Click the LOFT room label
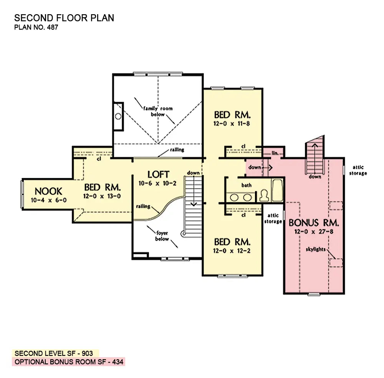[158, 175]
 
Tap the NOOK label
[48, 191]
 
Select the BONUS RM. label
[314, 223]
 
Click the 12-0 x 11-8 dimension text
[232, 124]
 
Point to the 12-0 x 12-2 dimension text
[232, 251]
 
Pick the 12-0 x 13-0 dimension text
[102, 196]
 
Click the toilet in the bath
[264, 195]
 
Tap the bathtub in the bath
[278, 190]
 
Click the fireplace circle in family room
[118, 116]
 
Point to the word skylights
[316, 249]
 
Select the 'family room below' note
[158, 111]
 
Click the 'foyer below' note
[162, 236]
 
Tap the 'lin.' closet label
[275, 153]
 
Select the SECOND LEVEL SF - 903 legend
[54, 353]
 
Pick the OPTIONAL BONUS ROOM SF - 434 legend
[69, 361]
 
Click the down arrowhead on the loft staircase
[194, 204]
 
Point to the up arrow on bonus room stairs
[315, 158]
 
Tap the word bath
[247, 185]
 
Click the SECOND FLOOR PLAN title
[64, 18]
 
